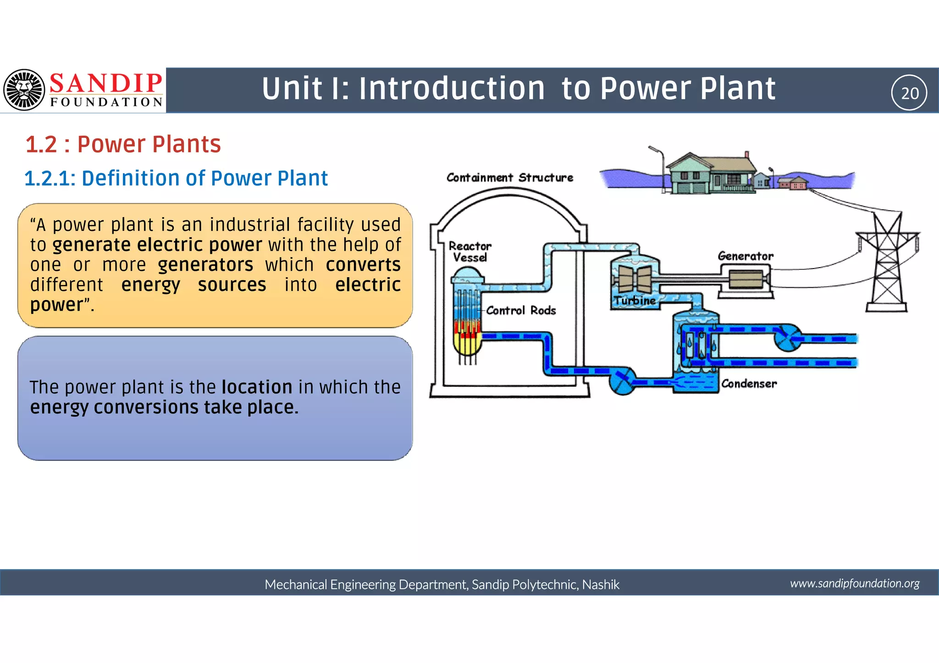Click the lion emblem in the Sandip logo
tap(24, 90)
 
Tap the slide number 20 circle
tap(909, 93)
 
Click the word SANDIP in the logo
tap(106, 84)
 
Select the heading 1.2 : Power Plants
tap(123, 144)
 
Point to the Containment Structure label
tap(509, 178)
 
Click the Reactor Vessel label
tap(469, 252)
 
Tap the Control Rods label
tap(521, 311)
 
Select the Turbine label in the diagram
tap(635, 301)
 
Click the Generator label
tap(745, 256)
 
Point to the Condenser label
tap(749, 384)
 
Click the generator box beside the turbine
tap(746, 279)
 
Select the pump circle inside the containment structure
tap(622, 380)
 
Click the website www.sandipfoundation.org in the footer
tap(854, 583)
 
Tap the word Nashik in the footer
tap(601, 585)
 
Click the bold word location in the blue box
tap(257, 387)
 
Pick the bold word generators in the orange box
tap(205, 265)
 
